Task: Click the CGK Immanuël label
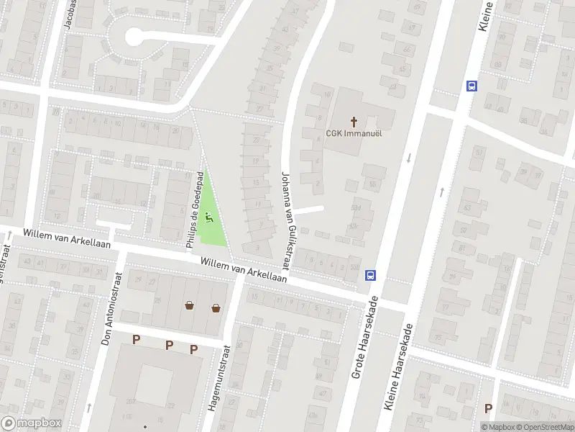point(354,132)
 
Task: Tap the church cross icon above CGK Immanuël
point(354,120)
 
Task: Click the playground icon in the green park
point(210,215)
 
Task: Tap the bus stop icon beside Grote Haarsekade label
point(371,274)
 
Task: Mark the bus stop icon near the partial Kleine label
point(471,86)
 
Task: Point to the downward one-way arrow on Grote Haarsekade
point(408,158)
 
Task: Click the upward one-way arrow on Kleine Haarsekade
point(441,192)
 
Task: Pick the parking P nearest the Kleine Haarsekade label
point(489,408)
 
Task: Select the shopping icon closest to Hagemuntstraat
point(216,307)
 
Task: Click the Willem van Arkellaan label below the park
point(244,271)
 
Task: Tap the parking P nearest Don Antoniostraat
point(136,338)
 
